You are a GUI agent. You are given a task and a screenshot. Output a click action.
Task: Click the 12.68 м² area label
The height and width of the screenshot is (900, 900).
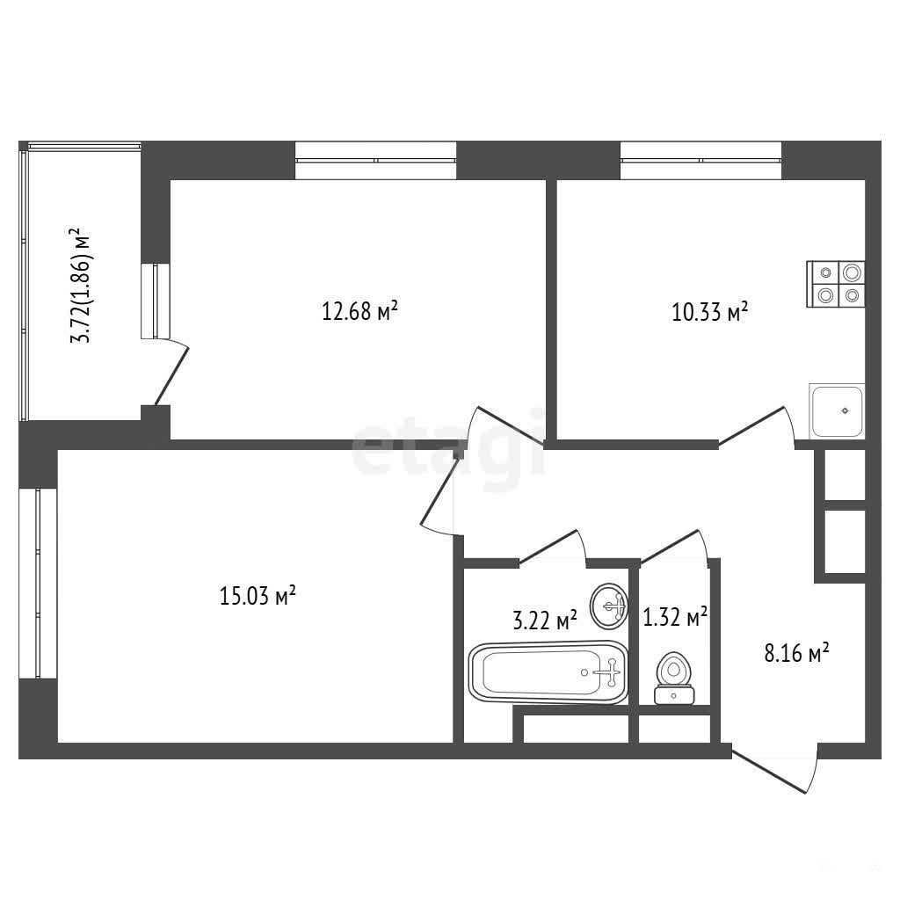pos(359,310)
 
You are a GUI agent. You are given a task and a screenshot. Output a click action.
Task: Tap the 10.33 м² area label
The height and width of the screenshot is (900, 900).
pos(710,312)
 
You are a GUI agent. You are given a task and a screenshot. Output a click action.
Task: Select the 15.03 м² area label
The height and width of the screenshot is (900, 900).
pos(258,595)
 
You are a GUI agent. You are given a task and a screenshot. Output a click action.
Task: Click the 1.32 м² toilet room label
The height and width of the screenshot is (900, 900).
pos(675,617)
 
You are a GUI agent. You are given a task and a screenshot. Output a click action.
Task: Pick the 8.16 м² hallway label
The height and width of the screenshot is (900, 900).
pos(796,653)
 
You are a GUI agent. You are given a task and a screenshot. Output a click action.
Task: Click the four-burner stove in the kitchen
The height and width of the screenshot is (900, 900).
pos(836,284)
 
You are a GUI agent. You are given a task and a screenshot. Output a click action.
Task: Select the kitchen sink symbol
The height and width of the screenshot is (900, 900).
pos(837,410)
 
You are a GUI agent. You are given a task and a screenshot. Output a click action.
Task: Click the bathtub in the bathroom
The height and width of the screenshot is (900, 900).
pos(548,672)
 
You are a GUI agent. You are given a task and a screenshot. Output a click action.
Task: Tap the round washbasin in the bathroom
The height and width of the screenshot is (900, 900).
pos(609,606)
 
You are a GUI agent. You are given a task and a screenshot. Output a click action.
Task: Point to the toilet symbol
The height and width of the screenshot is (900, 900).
pos(674,678)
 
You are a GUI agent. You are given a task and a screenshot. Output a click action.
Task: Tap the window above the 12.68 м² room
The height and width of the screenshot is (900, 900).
pos(376,160)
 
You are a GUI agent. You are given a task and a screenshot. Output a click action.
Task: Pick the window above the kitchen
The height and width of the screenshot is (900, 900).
pos(700,160)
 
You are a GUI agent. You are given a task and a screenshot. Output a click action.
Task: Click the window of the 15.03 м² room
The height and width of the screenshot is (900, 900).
pos(38,584)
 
